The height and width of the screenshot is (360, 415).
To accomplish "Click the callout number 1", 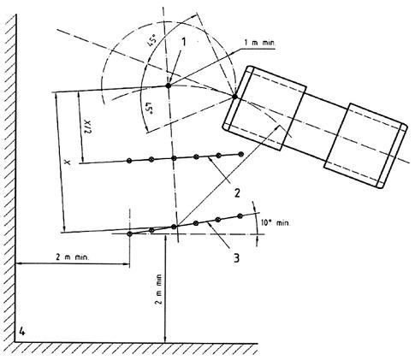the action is pyautogui.click(x=184, y=42).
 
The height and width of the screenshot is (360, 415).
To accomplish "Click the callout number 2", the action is pyautogui.click(x=237, y=193).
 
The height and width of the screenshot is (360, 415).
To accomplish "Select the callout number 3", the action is pyautogui.click(x=236, y=258).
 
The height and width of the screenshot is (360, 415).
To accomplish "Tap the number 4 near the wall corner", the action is pyautogui.click(x=22, y=332).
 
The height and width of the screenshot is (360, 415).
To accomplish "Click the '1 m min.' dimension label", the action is pyautogui.click(x=260, y=43).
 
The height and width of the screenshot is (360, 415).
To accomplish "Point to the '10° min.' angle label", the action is pyautogui.click(x=276, y=223).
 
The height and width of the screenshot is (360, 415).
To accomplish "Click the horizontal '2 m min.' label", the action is pyautogui.click(x=73, y=257).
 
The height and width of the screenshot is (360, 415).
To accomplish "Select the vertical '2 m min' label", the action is pyautogui.click(x=159, y=289).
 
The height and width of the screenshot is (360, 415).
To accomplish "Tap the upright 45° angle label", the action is pyautogui.click(x=152, y=38).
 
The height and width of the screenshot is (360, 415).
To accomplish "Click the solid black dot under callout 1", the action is pyautogui.click(x=169, y=86).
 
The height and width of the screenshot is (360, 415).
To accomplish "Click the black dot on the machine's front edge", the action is pyautogui.click(x=234, y=97).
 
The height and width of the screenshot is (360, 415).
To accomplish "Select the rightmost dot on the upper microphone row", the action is pyautogui.click(x=241, y=154).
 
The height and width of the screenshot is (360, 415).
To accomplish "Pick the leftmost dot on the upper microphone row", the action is pyautogui.click(x=129, y=161).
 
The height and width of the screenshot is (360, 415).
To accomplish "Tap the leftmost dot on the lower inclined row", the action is pyautogui.click(x=130, y=234).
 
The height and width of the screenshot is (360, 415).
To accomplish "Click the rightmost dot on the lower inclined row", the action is pyautogui.click(x=240, y=215).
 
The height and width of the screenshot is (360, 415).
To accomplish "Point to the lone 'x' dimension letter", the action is pyautogui.click(x=68, y=162).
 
